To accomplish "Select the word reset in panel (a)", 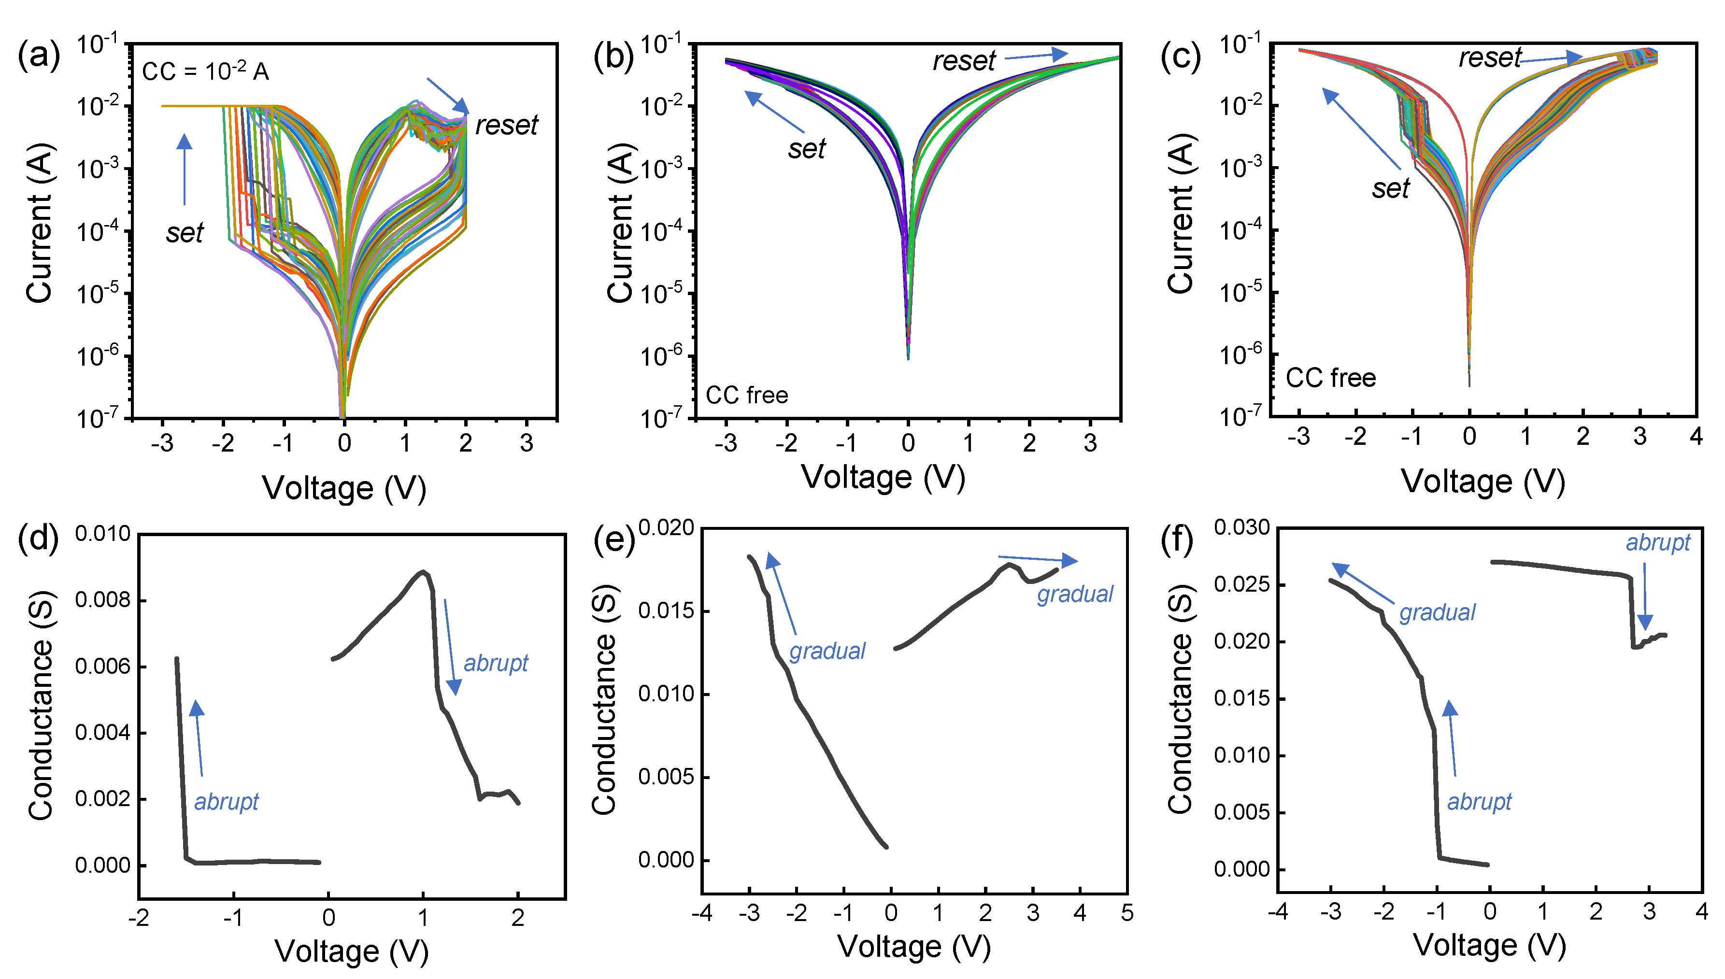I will click(506, 126).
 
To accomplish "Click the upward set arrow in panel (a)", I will click(184, 169).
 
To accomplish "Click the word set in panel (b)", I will click(806, 149).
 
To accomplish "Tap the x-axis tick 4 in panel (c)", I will click(1696, 438).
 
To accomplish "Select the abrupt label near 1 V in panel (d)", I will click(496, 664).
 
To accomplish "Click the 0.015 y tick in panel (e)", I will click(666, 611).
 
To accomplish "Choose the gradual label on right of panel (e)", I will click(1075, 595).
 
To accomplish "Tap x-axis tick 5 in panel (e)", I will click(1127, 914).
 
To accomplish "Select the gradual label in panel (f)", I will click(1437, 612).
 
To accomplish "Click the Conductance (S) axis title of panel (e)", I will click(604, 699).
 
